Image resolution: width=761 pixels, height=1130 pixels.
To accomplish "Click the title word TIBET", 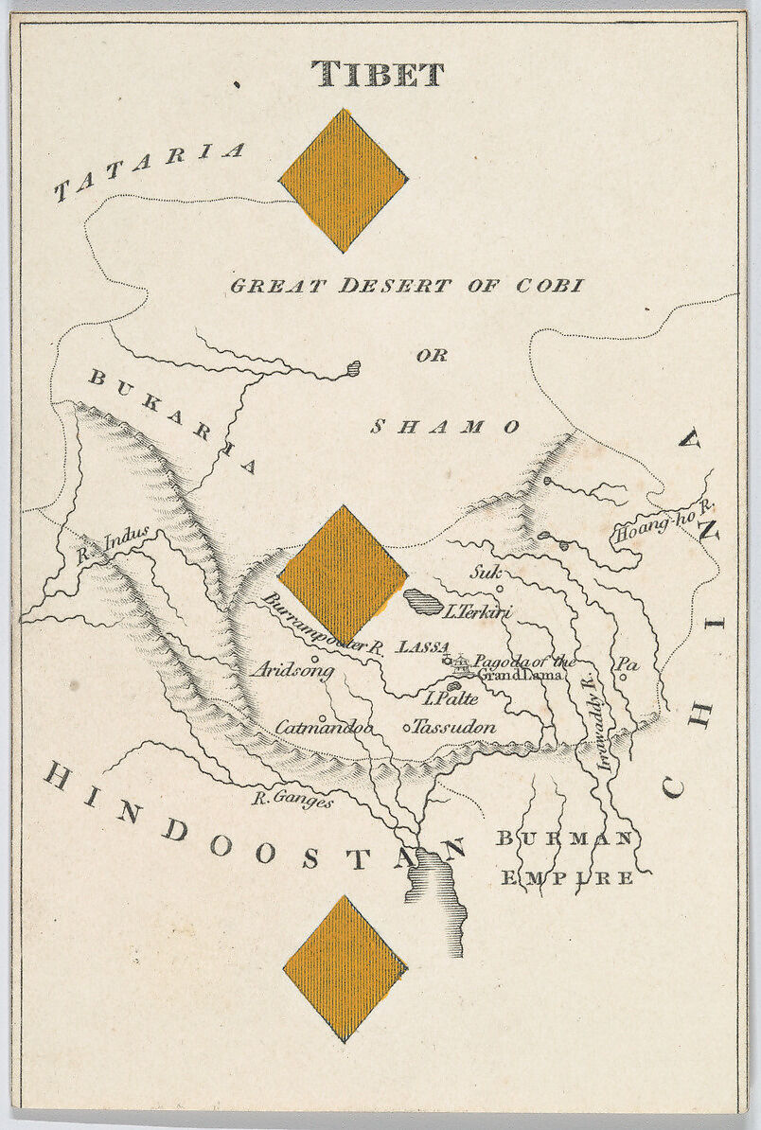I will tap(379, 74).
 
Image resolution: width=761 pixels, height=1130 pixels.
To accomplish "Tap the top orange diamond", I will tap(343, 180).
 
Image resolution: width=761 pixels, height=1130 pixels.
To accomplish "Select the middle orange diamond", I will tap(343, 574).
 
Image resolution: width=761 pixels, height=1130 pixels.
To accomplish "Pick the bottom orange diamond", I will tap(345, 968).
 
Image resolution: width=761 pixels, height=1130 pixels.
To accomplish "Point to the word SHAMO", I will tap(444, 427).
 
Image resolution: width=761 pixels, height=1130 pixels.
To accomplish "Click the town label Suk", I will tap(484, 572).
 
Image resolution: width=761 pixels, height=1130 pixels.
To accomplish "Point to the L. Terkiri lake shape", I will tap(422, 602).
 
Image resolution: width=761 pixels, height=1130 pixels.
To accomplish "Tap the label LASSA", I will tap(422, 647).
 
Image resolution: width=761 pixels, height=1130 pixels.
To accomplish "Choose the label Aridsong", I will tap(292, 670).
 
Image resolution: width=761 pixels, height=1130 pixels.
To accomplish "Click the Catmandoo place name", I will tap(324, 727).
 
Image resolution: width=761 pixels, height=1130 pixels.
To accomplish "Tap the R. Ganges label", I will tap(292, 801).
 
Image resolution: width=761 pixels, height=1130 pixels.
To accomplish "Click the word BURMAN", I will tap(564, 839).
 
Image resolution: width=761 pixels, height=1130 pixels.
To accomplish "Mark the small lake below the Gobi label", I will tap(352, 368).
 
